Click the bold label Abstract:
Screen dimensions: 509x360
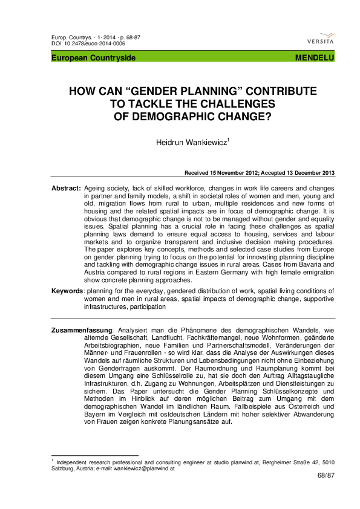point(66,189)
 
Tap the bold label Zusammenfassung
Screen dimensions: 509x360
point(82,329)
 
